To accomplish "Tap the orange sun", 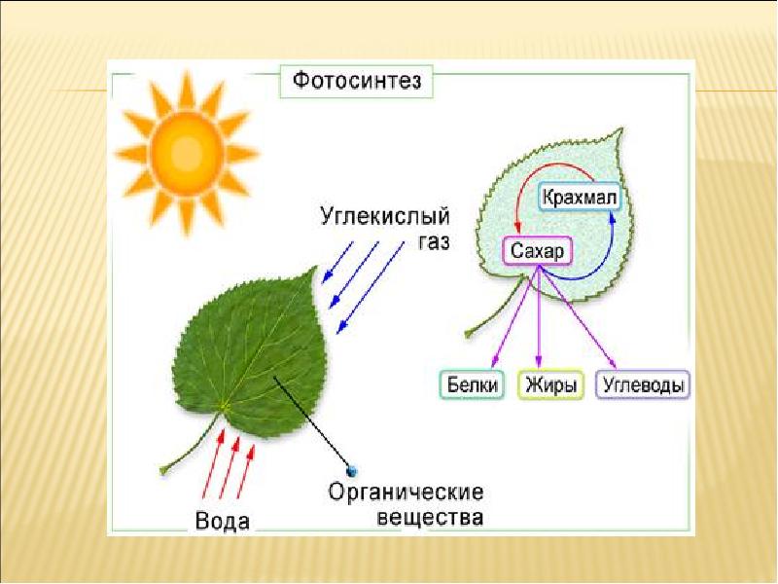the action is [x=184, y=153].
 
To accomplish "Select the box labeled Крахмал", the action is [x=580, y=199].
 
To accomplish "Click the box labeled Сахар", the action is [x=538, y=250].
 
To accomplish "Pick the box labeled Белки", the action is [x=474, y=384].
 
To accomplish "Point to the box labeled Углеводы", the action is [x=644, y=384].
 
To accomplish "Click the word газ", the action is [x=433, y=241].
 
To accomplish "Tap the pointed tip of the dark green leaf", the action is [x=316, y=268].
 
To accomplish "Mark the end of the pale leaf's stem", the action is [x=469, y=334].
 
